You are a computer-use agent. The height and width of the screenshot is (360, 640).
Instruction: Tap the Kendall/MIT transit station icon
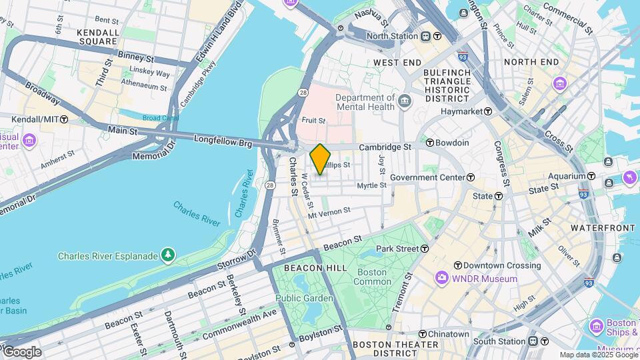64,119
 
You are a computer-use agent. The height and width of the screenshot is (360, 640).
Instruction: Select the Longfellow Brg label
223,140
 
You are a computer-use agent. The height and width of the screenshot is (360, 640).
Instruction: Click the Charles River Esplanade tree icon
169,255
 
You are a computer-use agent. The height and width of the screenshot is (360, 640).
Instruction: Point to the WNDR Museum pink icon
441,278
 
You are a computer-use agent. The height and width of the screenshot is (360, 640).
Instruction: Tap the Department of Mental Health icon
405,101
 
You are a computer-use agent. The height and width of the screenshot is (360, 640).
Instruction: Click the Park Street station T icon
424,249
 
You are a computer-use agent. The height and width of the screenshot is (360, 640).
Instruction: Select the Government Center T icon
471,177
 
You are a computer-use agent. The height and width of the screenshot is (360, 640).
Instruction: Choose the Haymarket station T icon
488,111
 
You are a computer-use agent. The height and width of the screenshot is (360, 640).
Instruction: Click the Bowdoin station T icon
430,143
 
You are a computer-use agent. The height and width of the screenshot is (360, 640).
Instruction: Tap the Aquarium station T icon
591,176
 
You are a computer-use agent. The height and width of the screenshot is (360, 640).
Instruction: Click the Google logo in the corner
21,351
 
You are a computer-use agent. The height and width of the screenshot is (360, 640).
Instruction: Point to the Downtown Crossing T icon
458,265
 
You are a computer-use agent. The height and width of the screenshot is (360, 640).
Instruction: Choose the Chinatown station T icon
423,333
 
